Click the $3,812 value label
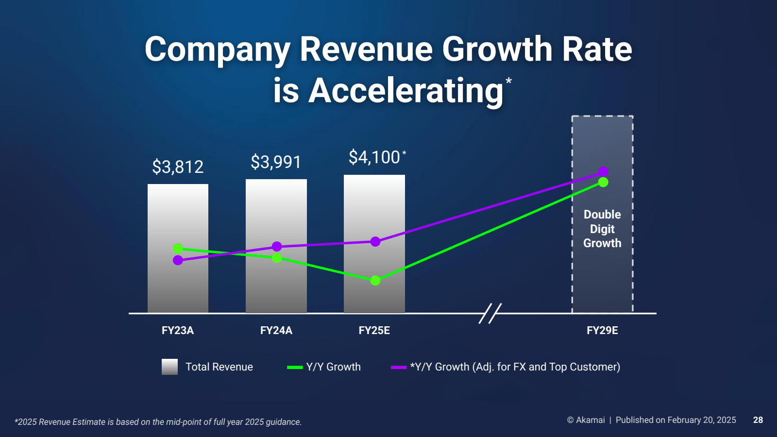pos(178,167)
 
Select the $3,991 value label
pos(276,162)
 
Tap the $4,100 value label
pos(374,157)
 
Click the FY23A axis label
pos(178,331)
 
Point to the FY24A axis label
pos(276,331)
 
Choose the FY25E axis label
pos(374,331)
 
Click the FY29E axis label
pos(602,331)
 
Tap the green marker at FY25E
pos(375,281)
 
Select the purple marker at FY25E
pos(375,242)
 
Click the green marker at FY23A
pos(178,249)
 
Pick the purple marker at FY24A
pos(277,247)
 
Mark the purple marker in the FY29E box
pos(603,171)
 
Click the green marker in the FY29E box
pos(603,182)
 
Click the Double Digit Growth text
pos(602,229)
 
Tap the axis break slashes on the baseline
pos(490,314)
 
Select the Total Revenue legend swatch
pos(169,367)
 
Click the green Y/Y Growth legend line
pos(295,367)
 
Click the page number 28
pos(758,420)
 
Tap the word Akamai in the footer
pos(590,420)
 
